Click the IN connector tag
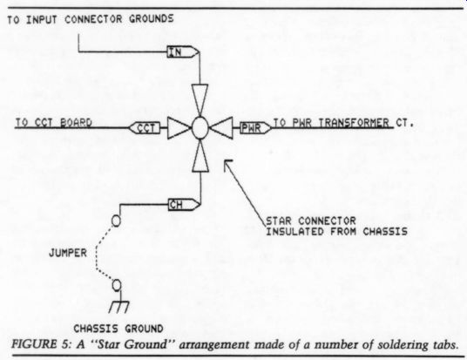183,52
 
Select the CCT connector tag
145,128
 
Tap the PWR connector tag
255,128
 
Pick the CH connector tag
184,205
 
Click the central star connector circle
200,128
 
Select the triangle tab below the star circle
200,156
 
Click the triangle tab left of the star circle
179,128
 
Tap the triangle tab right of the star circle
220,128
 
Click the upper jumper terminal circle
116,221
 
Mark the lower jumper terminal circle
117,285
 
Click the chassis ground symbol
119,304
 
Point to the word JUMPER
68,253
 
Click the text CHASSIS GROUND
118,329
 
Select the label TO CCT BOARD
54,123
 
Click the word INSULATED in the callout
294,232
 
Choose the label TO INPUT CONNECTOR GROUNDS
91,19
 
